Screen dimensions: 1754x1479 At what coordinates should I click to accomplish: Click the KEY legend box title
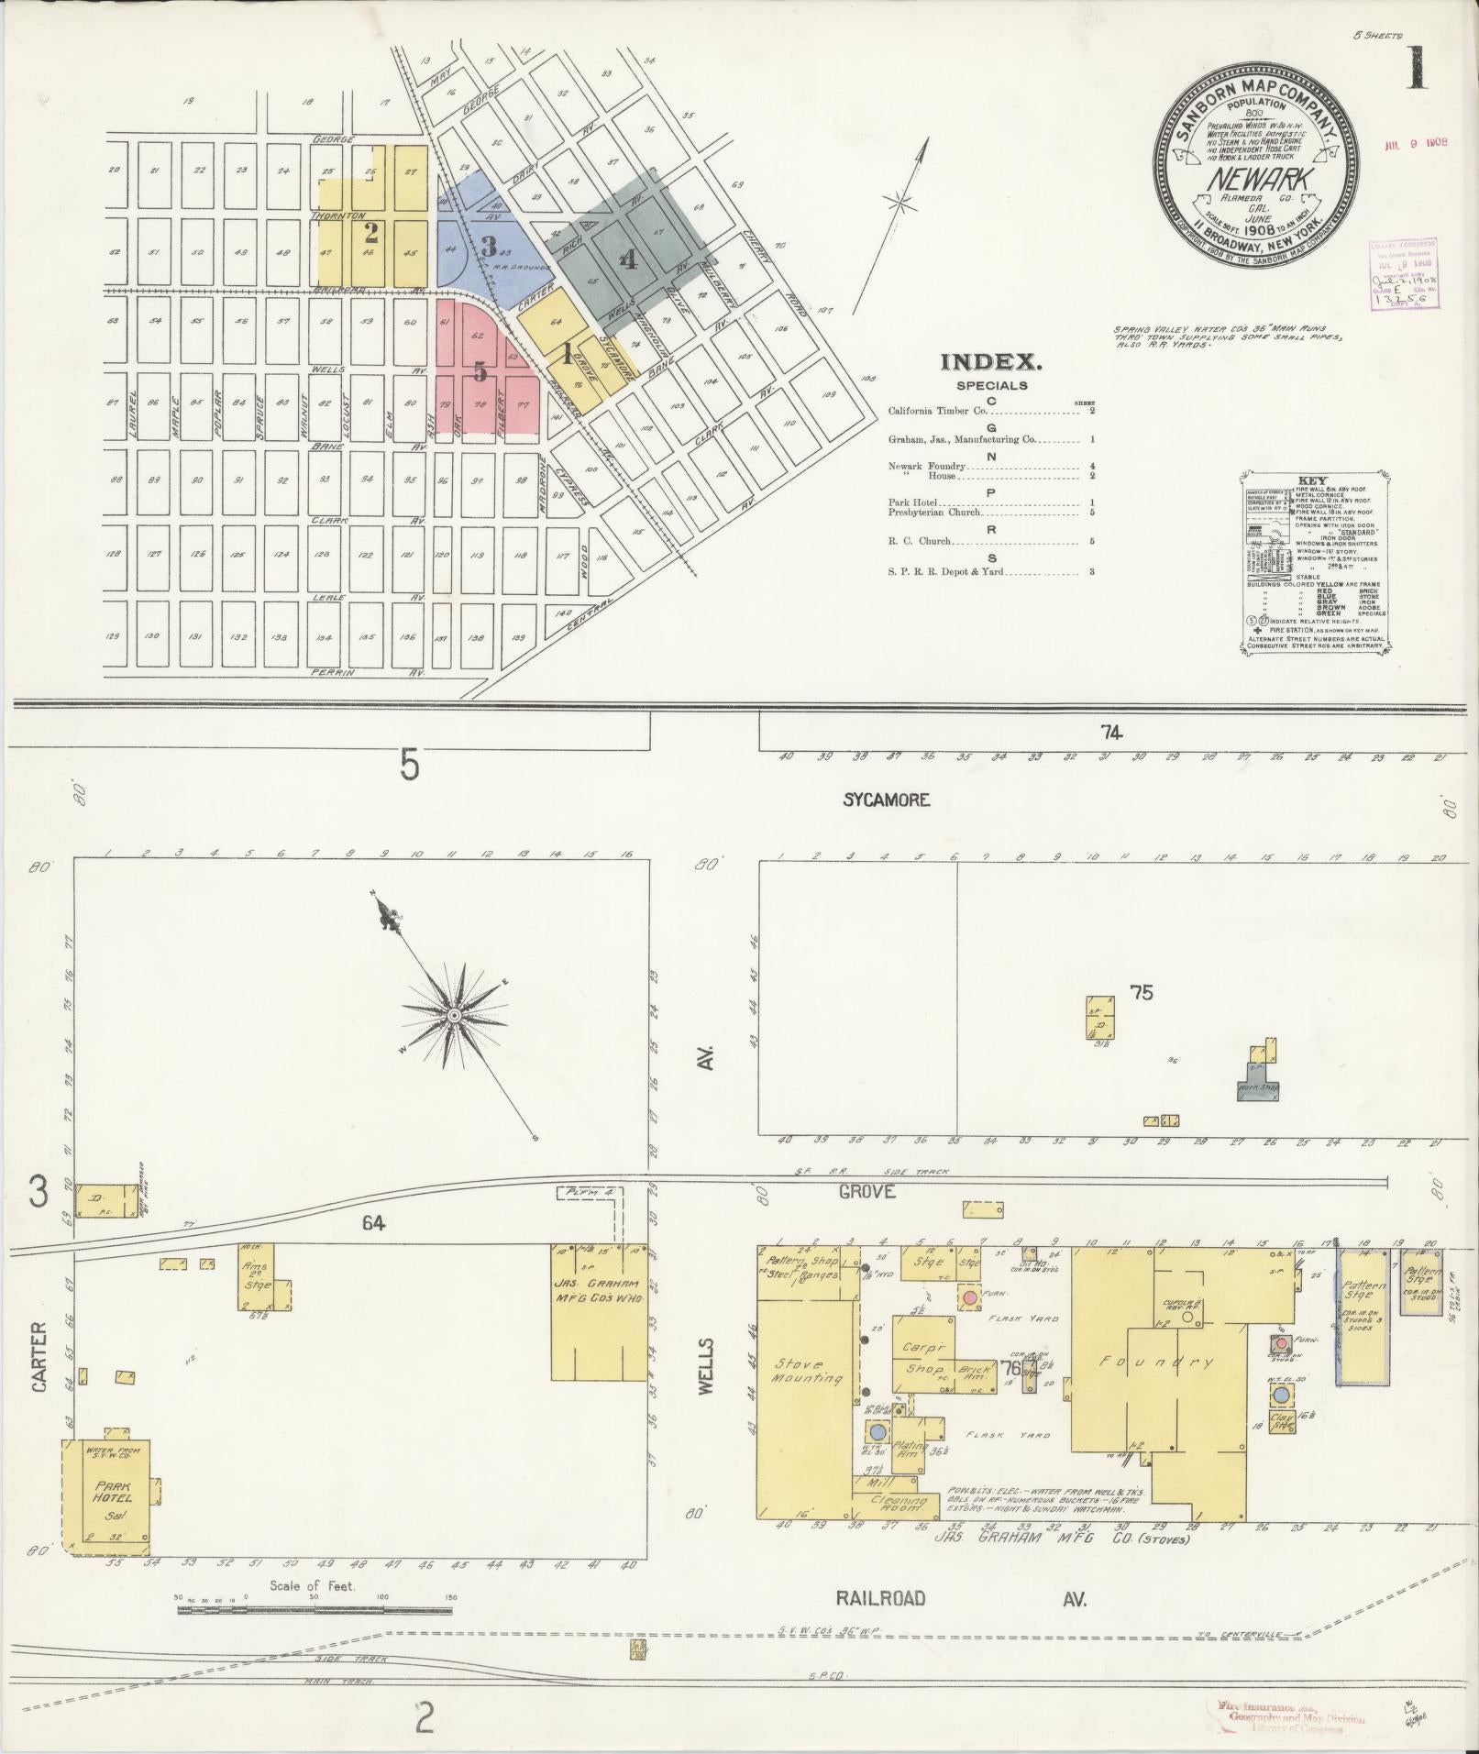pyautogui.click(x=1312, y=479)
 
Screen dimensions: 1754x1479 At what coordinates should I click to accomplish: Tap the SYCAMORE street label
pyautogui.click(x=887, y=800)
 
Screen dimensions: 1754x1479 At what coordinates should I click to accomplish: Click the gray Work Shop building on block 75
pyautogui.click(x=1257, y=1087)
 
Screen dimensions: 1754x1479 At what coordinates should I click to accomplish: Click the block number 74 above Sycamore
pyautogui.click(x=1112, y=732)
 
